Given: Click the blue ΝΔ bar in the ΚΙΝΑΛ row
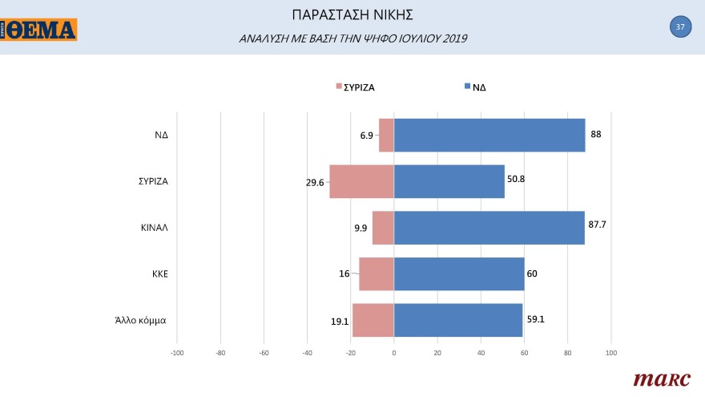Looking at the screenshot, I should point(489,228).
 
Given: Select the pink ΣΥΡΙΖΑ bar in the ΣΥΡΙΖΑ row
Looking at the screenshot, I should point(362,181).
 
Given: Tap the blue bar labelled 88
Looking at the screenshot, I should point(489,135).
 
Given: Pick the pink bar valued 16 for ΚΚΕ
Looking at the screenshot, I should point(377,274).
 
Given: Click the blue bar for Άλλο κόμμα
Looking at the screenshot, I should point(458,320).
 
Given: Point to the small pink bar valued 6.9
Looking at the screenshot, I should point(386,135).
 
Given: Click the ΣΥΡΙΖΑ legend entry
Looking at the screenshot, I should point(355,87).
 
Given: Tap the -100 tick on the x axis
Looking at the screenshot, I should point(177,352).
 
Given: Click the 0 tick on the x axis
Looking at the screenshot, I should point(394,352).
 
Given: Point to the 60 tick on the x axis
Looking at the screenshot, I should point(524,352).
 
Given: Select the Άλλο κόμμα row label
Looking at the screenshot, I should point(141,320).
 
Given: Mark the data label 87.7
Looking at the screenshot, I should point(597,225).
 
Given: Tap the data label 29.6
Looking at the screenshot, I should point(315,183).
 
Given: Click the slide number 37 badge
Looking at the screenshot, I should point(680,26).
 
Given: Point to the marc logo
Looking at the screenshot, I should point(662,379).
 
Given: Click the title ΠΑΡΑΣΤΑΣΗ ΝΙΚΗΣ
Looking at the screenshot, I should point(352,15).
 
